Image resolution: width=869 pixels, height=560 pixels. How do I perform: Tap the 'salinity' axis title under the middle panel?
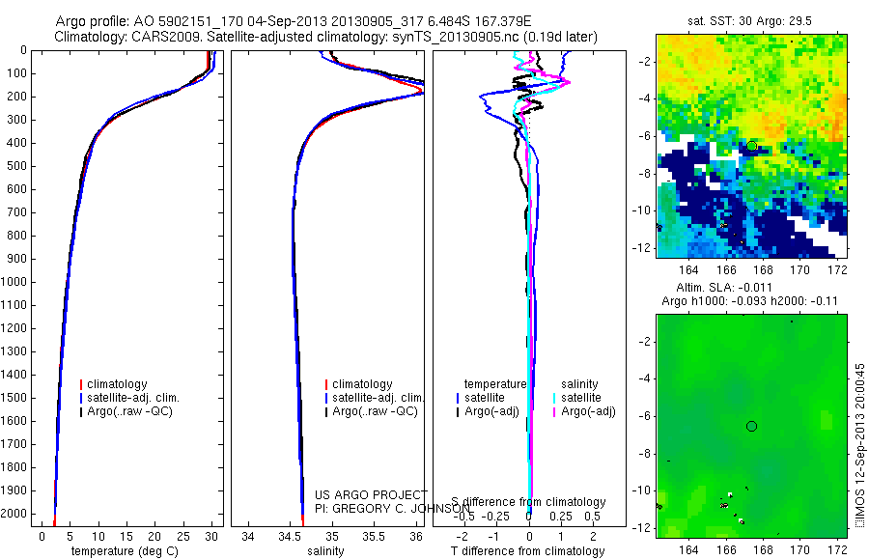[x=322, y=551]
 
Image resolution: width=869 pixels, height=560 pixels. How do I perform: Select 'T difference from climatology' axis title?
[x=528, y=551]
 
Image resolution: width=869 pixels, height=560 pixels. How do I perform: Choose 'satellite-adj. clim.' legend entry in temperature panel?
[x=140, y=398]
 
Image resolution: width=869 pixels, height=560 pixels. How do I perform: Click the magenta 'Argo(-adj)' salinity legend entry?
[x=588, y=412]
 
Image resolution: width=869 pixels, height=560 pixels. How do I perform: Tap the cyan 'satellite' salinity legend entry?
[x=581, y=398]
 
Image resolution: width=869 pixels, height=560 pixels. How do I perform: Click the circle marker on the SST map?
[x=751, y=146]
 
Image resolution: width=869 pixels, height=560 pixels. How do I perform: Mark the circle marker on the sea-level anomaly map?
[x=751, y=426]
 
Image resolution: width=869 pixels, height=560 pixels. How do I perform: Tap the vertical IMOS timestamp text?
[x=859, y=448]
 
